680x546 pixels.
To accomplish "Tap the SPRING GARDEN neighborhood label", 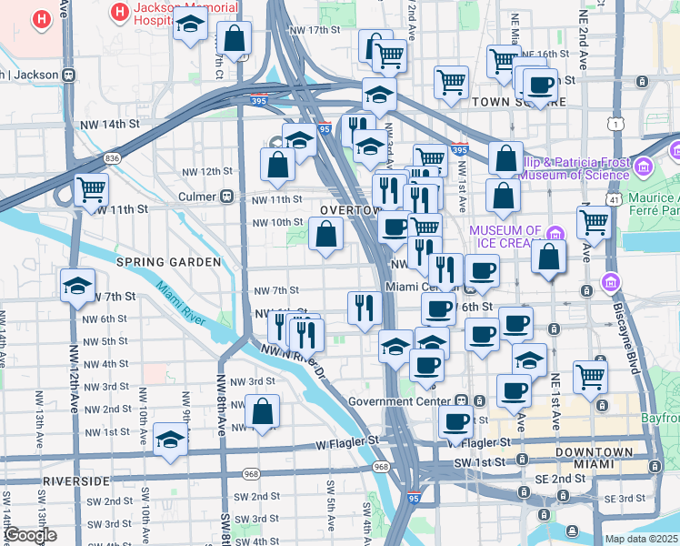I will pos(168,262).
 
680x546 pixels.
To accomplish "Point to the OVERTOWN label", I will pos(349,210).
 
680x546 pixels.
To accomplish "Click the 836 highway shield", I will pos(112,157).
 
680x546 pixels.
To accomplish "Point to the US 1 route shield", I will pos(618,124).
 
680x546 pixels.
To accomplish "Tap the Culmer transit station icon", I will pos(227,197).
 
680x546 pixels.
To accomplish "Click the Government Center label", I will pos(400,400).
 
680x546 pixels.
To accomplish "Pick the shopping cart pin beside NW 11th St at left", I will pos(92,190).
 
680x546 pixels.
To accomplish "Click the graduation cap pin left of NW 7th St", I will pos(78,286).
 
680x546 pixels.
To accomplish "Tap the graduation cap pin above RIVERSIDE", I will pos(170,440).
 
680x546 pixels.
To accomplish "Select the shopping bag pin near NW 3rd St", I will pos(263,412).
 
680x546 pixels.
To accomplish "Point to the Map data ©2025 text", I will pos(642,540).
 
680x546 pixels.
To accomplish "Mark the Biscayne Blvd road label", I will pos(631,340).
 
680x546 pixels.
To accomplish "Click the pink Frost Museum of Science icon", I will pos(644,167).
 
